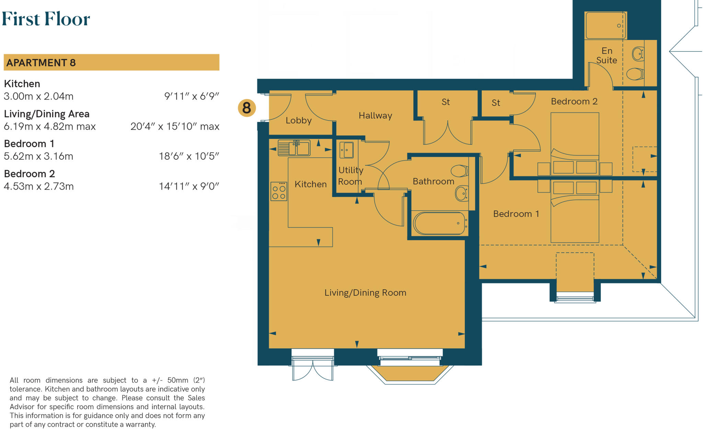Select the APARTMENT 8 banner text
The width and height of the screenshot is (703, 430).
pos(41,63)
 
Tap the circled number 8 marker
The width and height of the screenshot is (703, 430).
pos(246,108)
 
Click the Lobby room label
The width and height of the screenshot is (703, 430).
pos(299,121)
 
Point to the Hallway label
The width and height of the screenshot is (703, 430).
pos(375,116)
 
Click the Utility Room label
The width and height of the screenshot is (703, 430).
pos(350,176)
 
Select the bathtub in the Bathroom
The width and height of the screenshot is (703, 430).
pos(439,223)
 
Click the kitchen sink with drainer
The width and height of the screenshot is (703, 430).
pos(294,148)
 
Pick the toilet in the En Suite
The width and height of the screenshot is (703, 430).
pos(635,74)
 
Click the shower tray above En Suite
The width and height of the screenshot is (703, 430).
pos(606,26)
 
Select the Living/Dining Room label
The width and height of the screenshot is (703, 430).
pos(365,293)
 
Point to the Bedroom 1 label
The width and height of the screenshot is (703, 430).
pos(516,214)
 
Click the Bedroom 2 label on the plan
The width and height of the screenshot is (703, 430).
pos(574,102)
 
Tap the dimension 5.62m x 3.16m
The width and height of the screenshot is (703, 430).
pos(38,156)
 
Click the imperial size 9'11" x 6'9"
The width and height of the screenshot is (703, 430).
pos(192,97)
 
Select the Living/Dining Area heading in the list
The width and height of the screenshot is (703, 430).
pos(47,114)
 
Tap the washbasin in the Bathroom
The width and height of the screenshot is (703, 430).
pos(462,194)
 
